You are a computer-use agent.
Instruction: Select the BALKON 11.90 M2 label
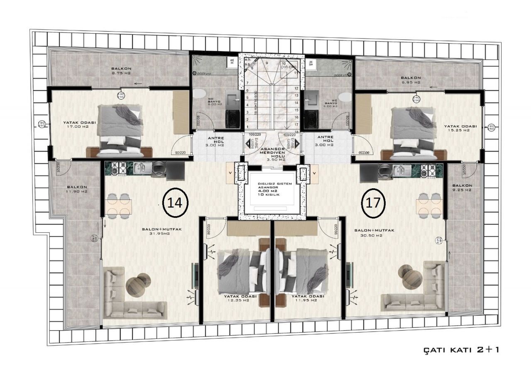(76, 189)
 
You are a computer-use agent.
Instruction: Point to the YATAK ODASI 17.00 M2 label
(80, 124)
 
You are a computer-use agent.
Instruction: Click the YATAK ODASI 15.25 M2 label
(460, 128)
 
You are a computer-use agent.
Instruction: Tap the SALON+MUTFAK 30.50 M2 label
(368, 232)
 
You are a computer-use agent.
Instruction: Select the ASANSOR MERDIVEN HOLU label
(271, 153)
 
